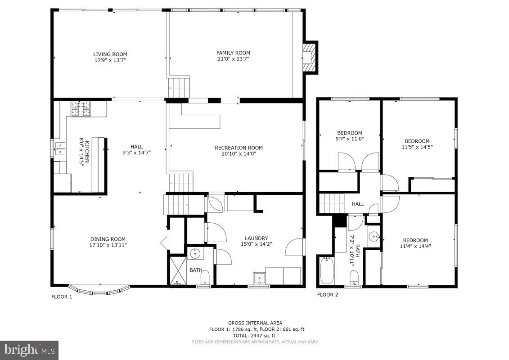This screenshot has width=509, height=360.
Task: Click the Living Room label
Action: (x=110, y=54)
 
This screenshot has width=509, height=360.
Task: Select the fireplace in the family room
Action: (x=309, y=57)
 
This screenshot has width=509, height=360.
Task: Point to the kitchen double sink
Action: (x=59, y=148)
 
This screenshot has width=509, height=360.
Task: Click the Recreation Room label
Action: (x=239, y=148)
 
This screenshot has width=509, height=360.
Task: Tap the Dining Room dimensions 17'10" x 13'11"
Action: (x=108, y=245)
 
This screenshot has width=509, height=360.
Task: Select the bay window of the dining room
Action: (x=99, y=290)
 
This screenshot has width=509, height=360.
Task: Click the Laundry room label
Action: (x=256, y=238)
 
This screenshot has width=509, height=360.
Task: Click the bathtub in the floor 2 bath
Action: (x=326, y=270)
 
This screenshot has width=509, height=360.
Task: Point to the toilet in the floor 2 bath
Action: (x=354, y=277)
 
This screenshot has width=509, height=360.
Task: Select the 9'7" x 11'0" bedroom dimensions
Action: (x=350, y=139)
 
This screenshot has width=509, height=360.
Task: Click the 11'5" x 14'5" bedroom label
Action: (x=417, y=141)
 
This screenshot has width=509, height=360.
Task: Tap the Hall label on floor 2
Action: (x=358, y=204)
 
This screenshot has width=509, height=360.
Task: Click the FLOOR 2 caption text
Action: (x=327, y=295)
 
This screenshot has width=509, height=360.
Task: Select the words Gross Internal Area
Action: (x=255, y=323)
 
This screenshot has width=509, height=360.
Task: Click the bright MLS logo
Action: (x=29, y=350)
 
